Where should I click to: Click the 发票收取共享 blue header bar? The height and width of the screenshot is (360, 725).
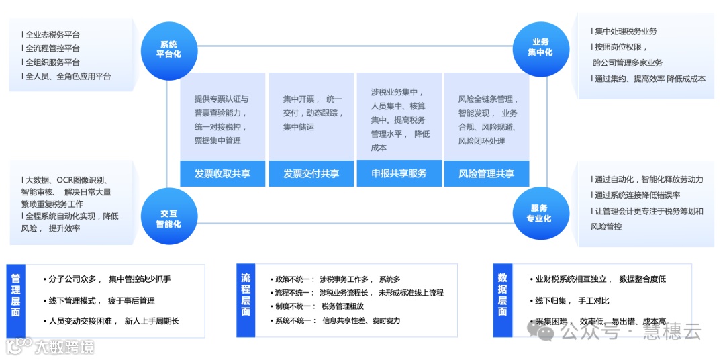223,173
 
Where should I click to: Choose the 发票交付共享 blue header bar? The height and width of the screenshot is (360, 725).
311,173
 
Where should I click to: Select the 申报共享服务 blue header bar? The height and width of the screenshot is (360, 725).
399,173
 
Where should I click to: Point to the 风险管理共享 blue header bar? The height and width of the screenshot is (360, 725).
487,173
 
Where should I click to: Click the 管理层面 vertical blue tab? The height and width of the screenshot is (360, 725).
16,300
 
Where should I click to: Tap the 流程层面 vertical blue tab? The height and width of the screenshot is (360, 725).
246,300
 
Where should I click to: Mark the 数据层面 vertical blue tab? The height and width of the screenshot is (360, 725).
502,300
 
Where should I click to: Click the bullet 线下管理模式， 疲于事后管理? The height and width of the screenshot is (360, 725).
101,301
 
